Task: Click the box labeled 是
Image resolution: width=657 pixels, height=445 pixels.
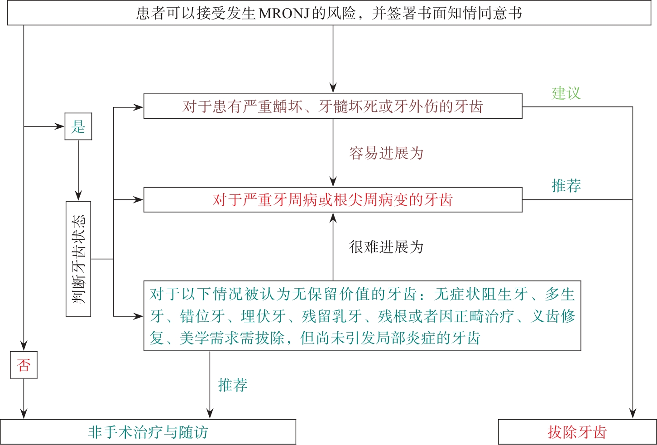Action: point(78,126)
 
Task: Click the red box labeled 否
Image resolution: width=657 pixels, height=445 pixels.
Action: point(24,365)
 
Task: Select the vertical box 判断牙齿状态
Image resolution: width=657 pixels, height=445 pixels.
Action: point(78,259)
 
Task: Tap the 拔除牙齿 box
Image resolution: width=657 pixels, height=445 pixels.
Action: point(577,432)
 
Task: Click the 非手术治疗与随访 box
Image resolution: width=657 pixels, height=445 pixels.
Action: point(148,432)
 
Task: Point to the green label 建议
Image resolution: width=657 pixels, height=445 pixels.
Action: point(566,93)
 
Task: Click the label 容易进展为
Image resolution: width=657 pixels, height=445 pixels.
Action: point(386,153)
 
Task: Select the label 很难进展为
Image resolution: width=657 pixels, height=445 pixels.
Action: point(386,247)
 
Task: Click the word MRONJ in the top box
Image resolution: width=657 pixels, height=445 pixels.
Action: point(283,13)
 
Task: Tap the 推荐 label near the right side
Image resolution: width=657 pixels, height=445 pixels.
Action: point(566,186)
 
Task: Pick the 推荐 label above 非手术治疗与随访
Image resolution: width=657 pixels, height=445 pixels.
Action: point(233,385)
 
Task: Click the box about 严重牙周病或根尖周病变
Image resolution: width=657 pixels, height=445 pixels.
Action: point(333,200)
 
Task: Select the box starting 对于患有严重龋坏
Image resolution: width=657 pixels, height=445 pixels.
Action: point(333,106)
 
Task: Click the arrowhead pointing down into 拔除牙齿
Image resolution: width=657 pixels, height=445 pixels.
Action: point(633,413)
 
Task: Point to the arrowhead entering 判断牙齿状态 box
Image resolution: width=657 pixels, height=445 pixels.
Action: point(78,196)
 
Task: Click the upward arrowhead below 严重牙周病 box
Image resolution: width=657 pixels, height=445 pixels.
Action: point(333,218)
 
